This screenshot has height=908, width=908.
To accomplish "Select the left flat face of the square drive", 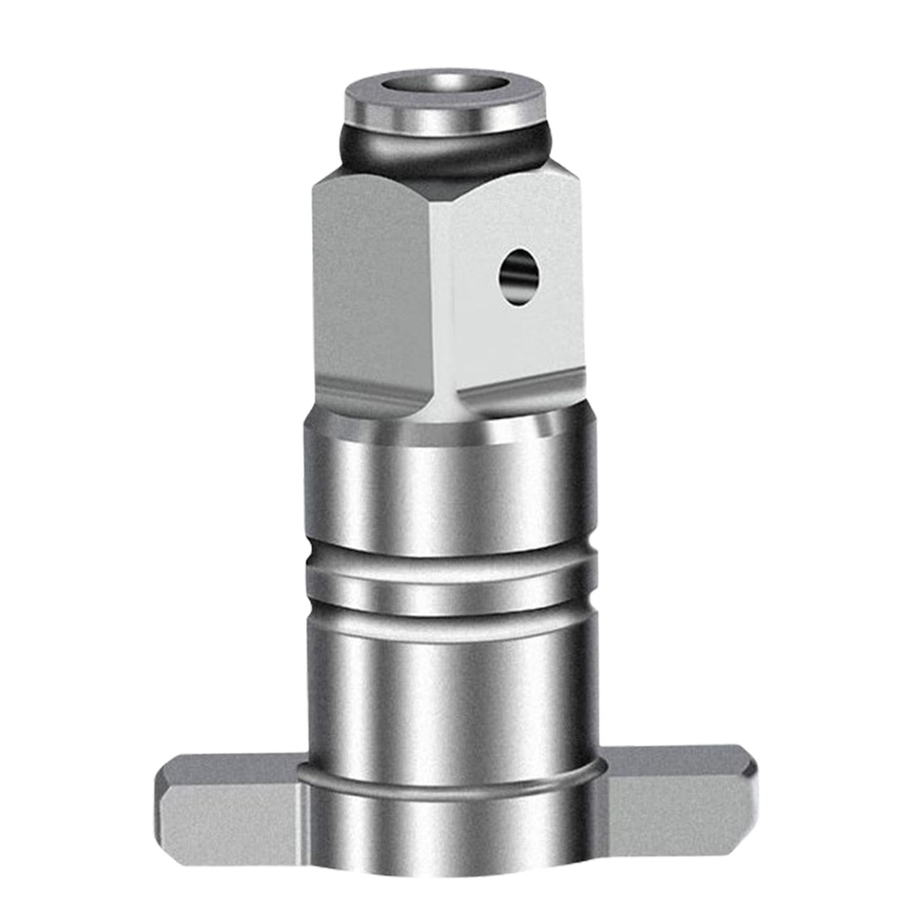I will (369, 284).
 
